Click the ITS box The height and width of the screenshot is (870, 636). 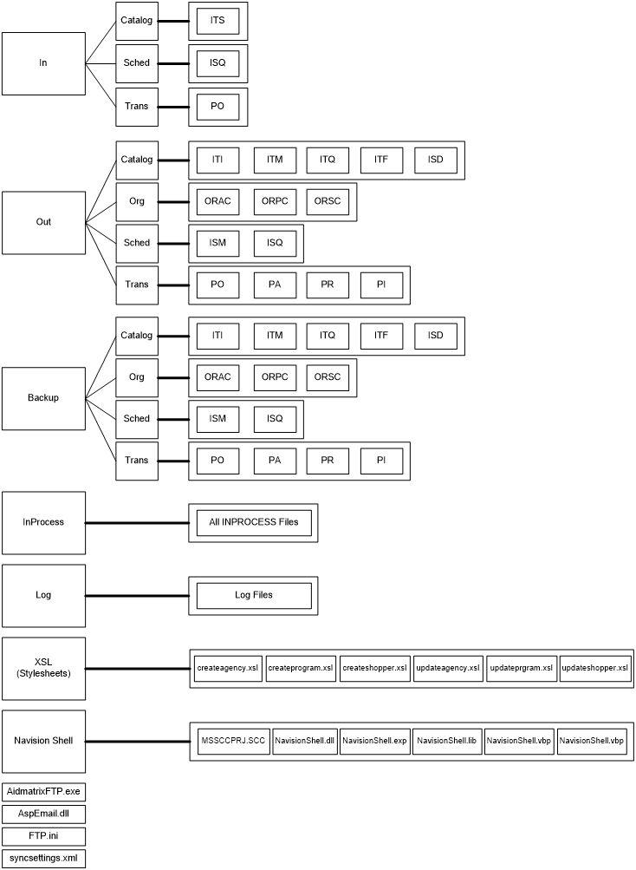click(x=217, y=20)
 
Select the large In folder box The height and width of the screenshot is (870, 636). click(x=43, y=63)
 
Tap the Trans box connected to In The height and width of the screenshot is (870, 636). click(x=137, y=107)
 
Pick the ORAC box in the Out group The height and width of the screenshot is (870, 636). click(x=217, y=202)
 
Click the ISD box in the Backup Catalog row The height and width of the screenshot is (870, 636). click(x=435, y=336)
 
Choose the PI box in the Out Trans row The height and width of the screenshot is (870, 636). click(x=381, y=285)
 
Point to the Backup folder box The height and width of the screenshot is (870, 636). click(x=43, y=398)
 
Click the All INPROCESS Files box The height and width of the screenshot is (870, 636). click(x=253, y=523)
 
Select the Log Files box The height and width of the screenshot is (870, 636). click(x=253, y=596)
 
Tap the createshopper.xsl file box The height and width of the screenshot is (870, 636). click(x=374, y=669)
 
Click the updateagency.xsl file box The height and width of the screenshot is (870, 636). click(x=448, y=669)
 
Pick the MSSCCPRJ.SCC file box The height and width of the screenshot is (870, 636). click(x=233, y=742)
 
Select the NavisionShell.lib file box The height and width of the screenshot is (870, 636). click(x=446, y=742)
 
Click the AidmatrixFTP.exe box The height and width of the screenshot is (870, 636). click(x=43, y=792)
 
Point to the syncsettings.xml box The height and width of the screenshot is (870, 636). click(x=43, y=858)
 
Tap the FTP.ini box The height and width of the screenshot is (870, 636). click(x=43, y=836)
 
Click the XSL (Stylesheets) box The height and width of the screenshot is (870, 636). click(x=43, y=669)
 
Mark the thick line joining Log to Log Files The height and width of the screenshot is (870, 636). click(x=137, y=596)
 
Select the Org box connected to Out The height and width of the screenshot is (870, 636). click(x=137, y=202)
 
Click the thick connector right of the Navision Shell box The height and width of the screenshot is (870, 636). click(x=137, y=742)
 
